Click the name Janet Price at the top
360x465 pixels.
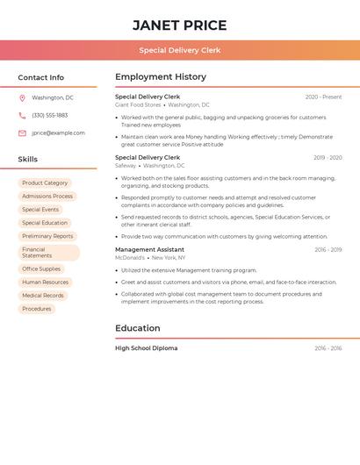[179, 25]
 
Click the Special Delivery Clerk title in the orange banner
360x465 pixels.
[179, 50]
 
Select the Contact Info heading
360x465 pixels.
[40, 77]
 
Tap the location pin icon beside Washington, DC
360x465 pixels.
[23, 97]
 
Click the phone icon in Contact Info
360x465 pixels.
[23, 115]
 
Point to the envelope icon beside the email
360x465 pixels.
[23, 133]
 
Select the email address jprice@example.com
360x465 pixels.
[58, 133]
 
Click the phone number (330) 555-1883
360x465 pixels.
[49, 115]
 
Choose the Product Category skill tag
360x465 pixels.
[45, 182]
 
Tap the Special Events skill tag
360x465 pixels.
[40, 210]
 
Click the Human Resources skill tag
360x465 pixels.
[45, 283]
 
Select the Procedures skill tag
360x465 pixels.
[37, 309]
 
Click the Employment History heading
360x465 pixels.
[160, 77]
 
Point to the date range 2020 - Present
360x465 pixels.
[323, 97]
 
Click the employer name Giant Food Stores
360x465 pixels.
[138, 104]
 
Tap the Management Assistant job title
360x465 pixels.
[149, 250]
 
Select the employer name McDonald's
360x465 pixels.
[130, 258]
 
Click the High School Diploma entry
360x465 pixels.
[146, 348]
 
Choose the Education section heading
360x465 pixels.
[137, 328]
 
